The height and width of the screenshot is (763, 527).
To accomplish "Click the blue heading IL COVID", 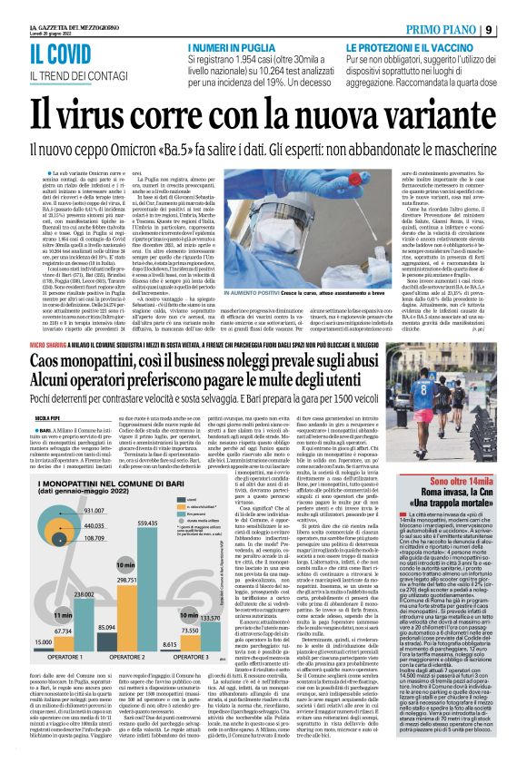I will click(55, 53).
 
